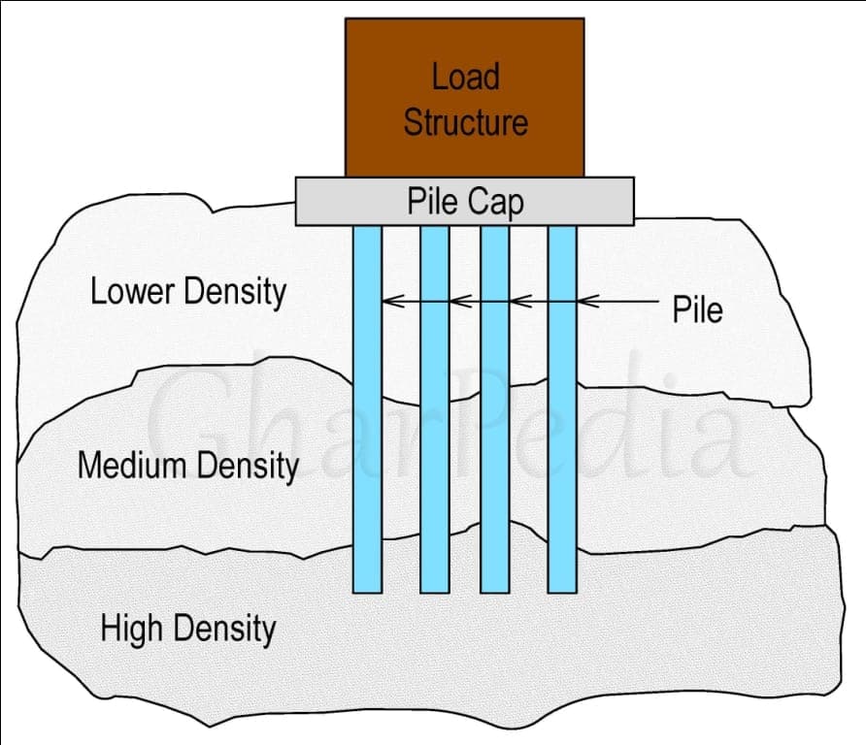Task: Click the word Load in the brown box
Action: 465,78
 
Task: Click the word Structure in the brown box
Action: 465,122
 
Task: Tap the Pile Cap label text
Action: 464,202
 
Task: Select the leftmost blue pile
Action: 367,407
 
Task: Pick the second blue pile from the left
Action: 434,407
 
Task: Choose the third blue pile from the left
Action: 494,407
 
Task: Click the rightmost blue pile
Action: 562,407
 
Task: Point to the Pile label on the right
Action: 697,309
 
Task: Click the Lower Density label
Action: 188,291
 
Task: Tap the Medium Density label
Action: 188,466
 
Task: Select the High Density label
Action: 188,629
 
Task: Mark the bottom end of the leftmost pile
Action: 367,590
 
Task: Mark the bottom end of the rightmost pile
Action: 562,590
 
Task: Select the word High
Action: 131,629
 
